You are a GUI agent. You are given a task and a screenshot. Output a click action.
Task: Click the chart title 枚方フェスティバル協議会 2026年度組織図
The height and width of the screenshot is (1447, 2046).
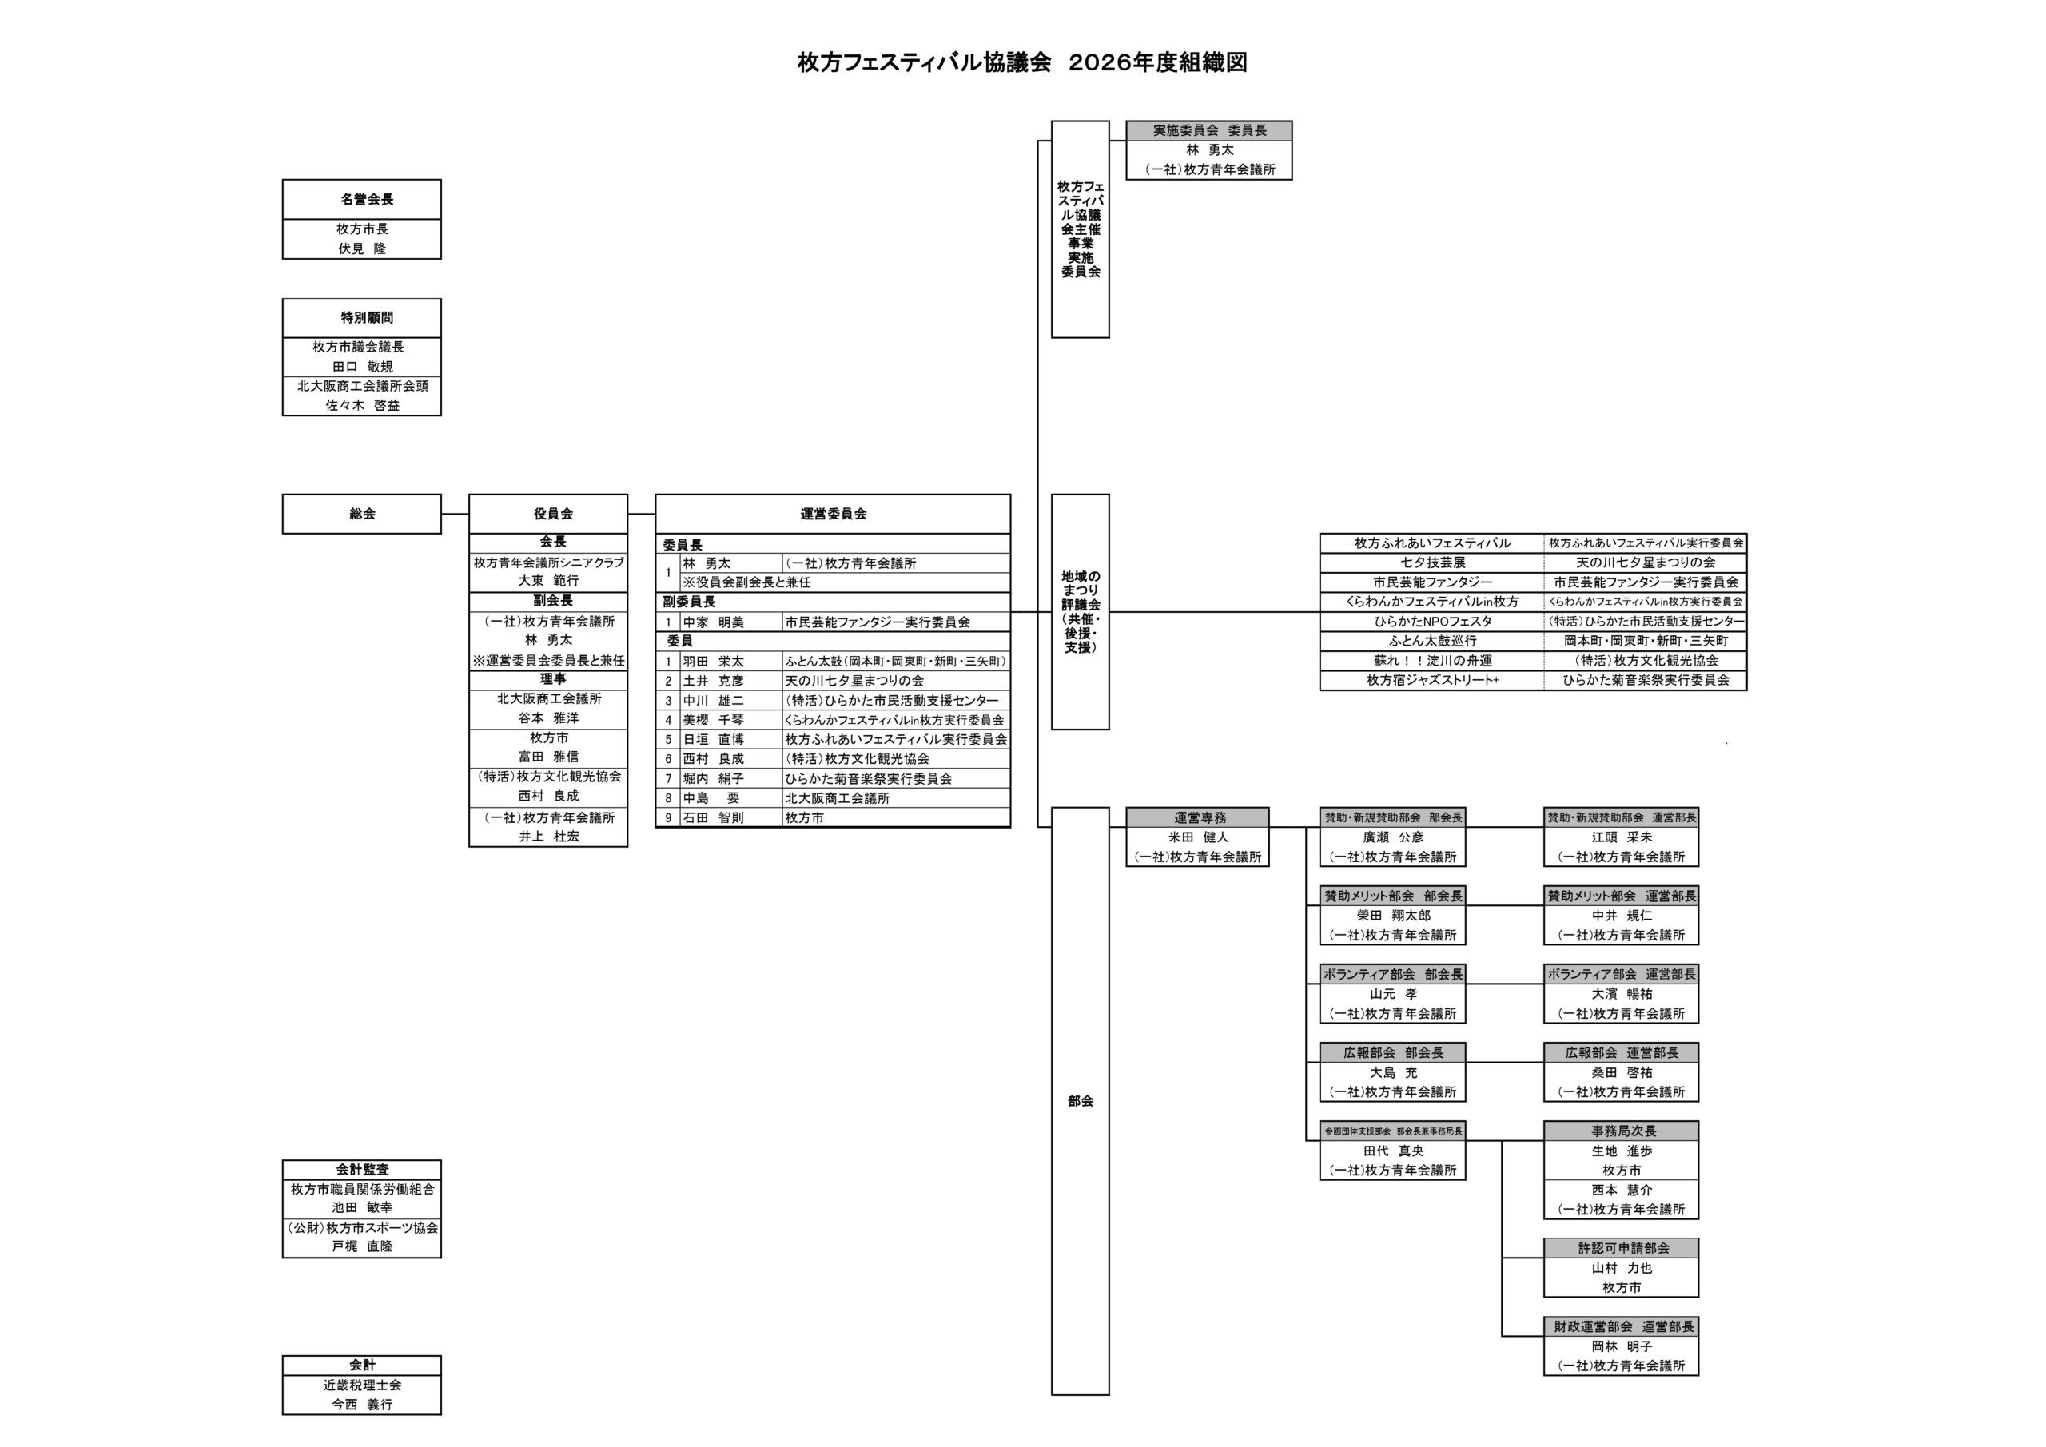coord(1022,62)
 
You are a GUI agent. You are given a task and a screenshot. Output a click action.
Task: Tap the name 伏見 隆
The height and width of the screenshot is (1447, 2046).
coord(362,248)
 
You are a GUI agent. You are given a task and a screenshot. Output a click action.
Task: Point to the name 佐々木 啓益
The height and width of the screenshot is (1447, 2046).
coord(362,405)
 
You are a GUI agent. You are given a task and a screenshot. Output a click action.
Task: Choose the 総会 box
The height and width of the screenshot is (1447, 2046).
coord(362,514)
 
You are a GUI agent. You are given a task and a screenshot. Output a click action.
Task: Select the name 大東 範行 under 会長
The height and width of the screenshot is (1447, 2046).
coord(548,581)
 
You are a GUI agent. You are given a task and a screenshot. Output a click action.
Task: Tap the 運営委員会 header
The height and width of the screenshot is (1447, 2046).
coord(832,514)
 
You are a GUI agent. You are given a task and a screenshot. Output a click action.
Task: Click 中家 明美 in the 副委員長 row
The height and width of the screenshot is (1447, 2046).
coord(713,622)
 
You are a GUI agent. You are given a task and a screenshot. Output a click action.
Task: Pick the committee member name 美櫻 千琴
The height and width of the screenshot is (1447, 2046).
coord(713,720)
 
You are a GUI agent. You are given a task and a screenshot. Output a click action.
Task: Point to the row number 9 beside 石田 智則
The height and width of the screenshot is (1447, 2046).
coord(668,818)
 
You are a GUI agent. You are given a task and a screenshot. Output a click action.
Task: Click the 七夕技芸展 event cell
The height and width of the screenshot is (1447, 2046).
coord(1432,563)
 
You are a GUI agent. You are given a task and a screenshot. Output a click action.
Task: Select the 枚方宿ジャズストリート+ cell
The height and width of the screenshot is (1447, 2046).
coord(1432,680)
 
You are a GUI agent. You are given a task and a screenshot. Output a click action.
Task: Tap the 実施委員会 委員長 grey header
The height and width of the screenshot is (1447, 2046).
coord(1209,131)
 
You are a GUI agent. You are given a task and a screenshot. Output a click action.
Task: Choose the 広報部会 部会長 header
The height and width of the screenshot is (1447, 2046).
coord(1393,1053)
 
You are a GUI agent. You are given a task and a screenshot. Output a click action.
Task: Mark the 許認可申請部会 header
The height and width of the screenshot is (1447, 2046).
coord(1621,1249)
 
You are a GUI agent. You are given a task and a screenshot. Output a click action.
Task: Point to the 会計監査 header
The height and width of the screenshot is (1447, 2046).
coord(362,1170)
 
